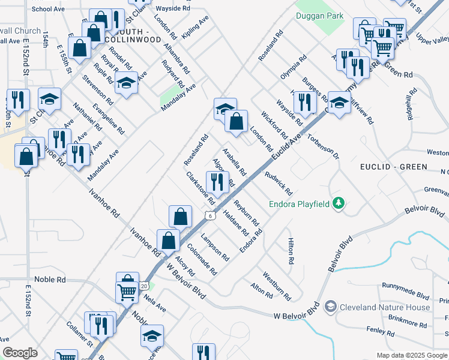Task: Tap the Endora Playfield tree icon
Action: click(x=339, y=204)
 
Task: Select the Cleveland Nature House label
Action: click(x=385, y=307)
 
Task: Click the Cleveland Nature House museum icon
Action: click(x=330, y=307)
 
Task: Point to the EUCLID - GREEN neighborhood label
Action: click(x=394, y=167)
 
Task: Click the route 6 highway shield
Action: click(x=209, y=215)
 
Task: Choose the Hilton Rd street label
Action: click(x=291, y=251)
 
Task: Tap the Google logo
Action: click(x=20, y=353)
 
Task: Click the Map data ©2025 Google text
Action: click(x=411, y=355)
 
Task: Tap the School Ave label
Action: click(x=48, y=9)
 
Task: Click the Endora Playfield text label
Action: click(x=299, y=205)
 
